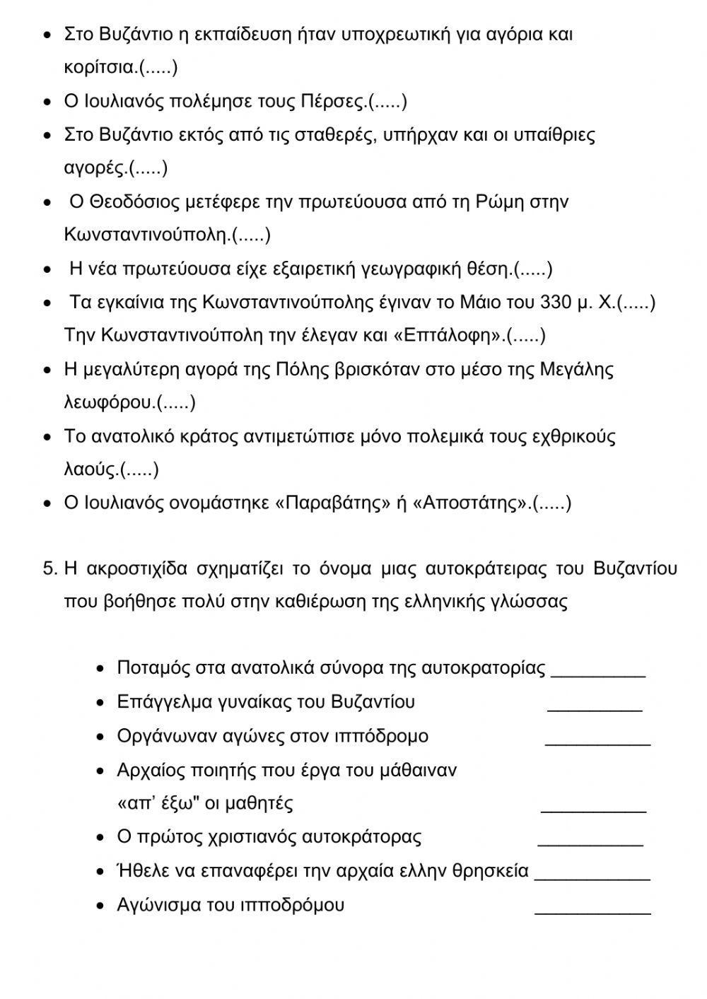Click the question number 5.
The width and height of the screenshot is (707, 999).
click(49, 568)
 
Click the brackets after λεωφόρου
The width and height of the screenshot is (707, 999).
click(176, 403)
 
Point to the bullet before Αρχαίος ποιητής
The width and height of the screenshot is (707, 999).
click(101, 771)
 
